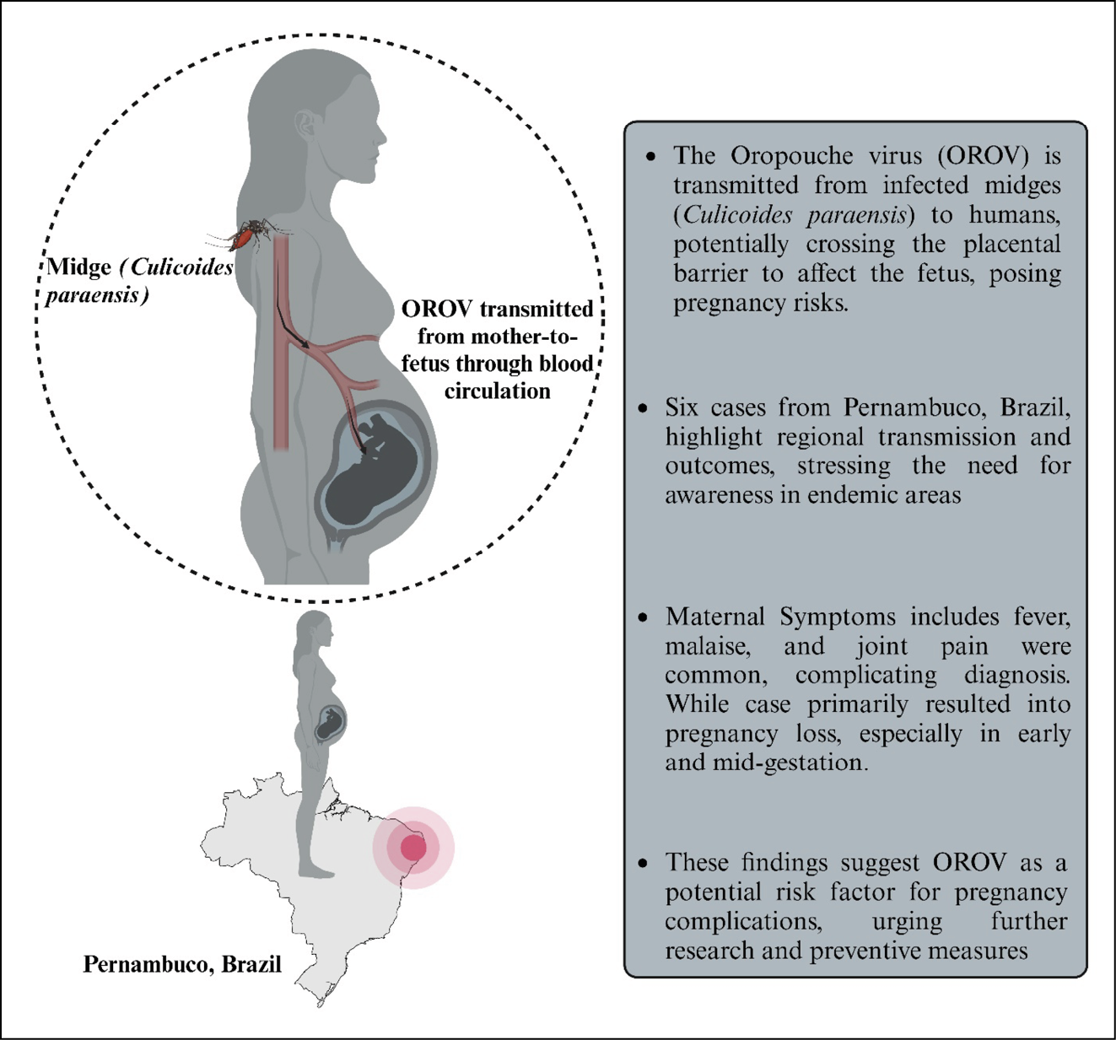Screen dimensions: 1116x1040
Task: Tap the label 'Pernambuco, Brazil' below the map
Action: pyautogui.click(x=182, y=964)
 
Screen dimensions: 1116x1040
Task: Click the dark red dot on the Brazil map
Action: pyautogui.click(x=413, y=848)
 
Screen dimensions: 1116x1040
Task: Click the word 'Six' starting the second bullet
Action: pyautogui.click(x=681, y=407)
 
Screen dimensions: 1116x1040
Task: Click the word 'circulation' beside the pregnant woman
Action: pyautogui.click(x=498, y=391)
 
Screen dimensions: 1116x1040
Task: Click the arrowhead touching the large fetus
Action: pyautogui.click(x=364, y=450)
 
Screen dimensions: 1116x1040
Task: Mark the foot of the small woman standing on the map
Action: pyautogui.click(x=317, y=872)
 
